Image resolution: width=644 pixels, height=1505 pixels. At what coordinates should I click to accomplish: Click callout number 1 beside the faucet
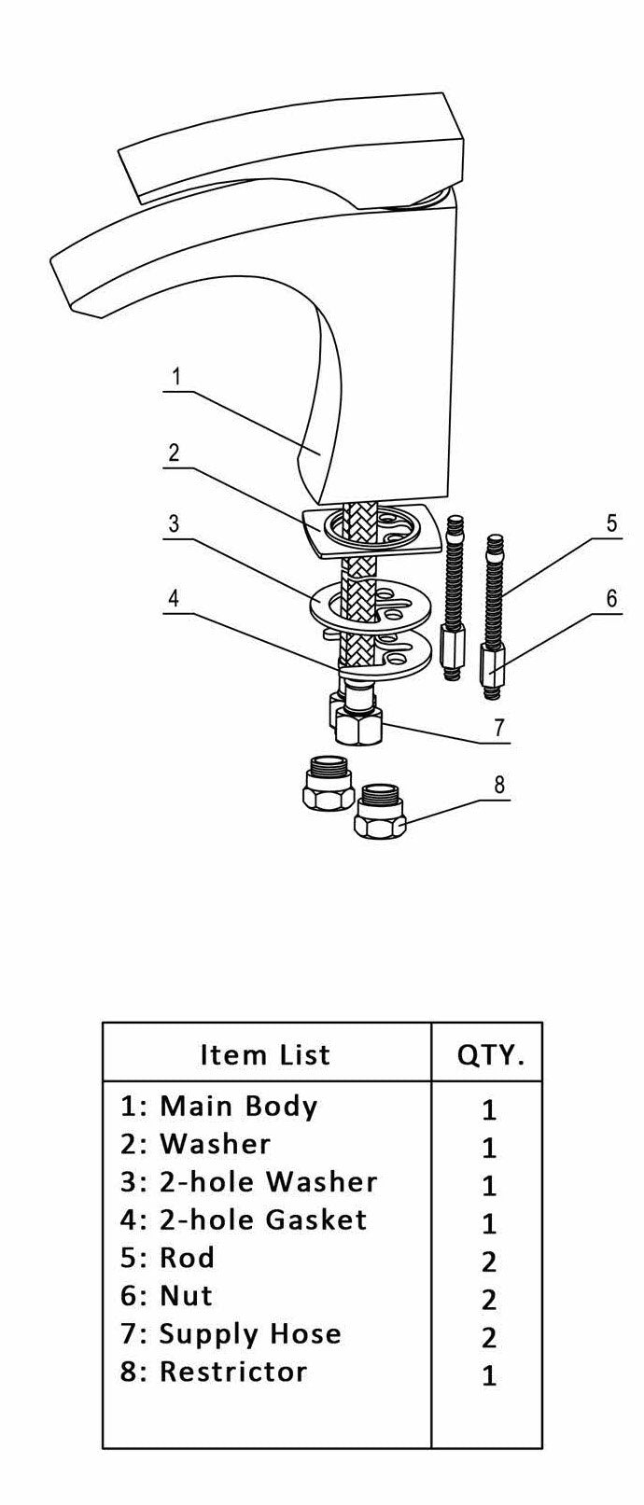pos(175,378)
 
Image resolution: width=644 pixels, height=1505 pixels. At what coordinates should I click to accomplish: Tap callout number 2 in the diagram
pos(174,453)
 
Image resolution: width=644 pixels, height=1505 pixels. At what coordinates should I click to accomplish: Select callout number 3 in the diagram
pos(174,523)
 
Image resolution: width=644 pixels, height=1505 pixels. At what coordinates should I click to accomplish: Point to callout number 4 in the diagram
pos(174,597)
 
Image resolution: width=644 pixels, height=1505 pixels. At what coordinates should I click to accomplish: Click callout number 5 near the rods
pos(611,523)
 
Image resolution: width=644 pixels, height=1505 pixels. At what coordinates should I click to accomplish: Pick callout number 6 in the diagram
pos(611,598)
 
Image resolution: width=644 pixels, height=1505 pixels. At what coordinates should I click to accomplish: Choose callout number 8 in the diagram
pos(500,785)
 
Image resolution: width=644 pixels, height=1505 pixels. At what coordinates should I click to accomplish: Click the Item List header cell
pos(266,1054)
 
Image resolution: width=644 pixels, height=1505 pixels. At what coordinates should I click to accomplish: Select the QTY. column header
pos(490,1055)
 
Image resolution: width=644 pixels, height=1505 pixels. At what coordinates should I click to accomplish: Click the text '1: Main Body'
pos(219,1106)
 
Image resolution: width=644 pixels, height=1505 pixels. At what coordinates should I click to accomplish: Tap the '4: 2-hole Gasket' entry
pos(244,1220)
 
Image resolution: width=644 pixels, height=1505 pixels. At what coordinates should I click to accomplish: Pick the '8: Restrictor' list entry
pos(214,1373)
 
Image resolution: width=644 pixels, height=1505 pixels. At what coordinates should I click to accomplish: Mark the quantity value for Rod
pos(489,1261)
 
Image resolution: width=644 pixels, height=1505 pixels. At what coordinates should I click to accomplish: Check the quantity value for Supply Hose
pos(489,1338)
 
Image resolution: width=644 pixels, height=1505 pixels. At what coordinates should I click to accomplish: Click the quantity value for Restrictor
pos(489,1376)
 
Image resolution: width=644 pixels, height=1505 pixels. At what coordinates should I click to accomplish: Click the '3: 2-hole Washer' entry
pos(248,1182)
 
